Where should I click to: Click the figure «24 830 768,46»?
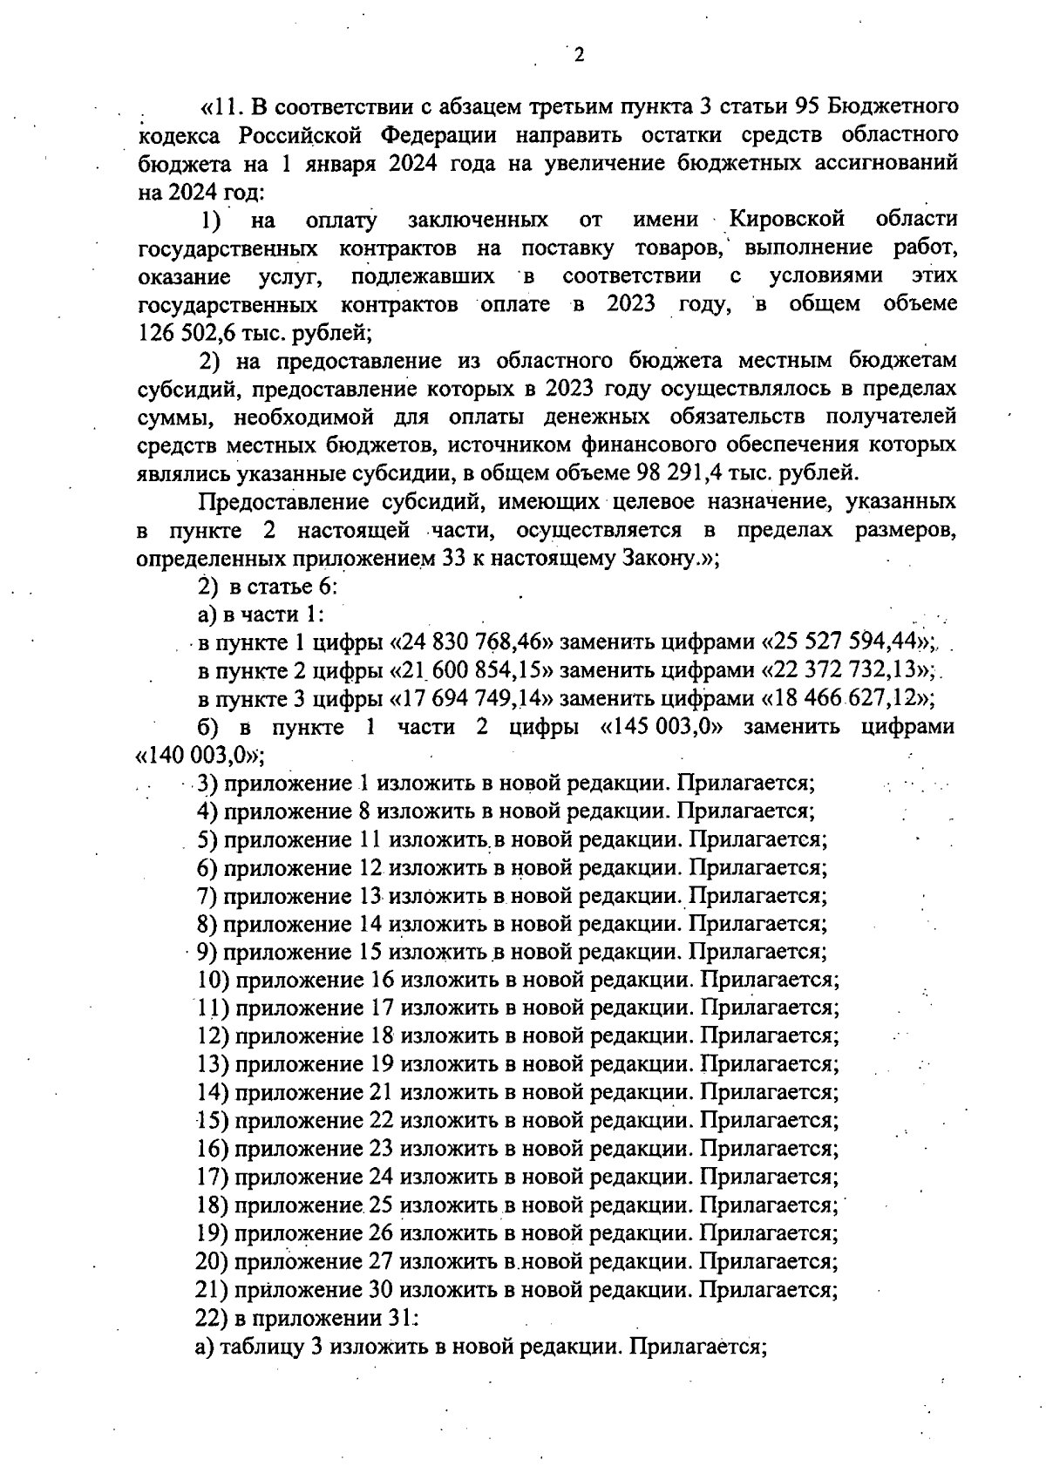477,643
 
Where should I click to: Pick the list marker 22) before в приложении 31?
213,1318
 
